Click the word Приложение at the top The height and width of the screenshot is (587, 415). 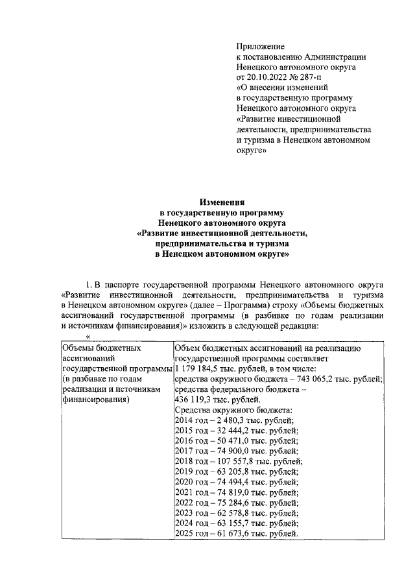click(x=261, y=47)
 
